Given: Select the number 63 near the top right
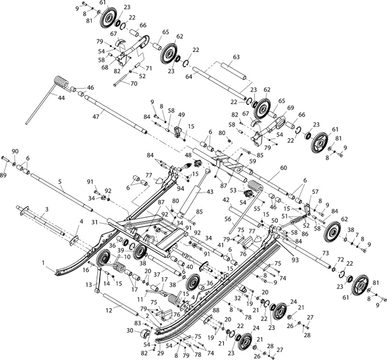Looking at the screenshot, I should [236, 57].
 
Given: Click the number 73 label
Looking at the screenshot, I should [325, 254].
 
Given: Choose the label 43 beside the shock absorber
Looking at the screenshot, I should [209, 191].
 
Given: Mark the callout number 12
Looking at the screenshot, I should [109, 311].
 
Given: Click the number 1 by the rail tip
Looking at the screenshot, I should [43, 262].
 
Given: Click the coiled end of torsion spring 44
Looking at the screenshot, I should [61, 81].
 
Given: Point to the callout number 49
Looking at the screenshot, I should [181, 115].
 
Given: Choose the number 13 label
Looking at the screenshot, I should [88, 284].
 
